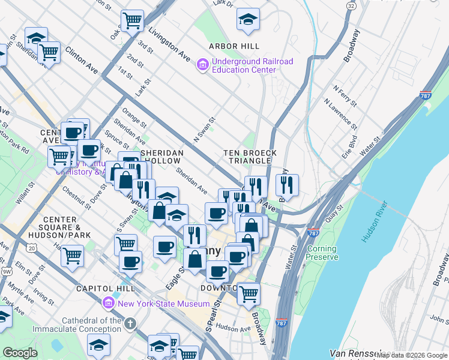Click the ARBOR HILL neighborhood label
coord(234,46)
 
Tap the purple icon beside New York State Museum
coord(109,304)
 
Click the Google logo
coord(20,353)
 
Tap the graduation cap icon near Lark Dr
coord(248,20)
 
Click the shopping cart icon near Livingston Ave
coord(132,21)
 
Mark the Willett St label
coord(25,197)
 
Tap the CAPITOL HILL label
coord(100,289)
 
